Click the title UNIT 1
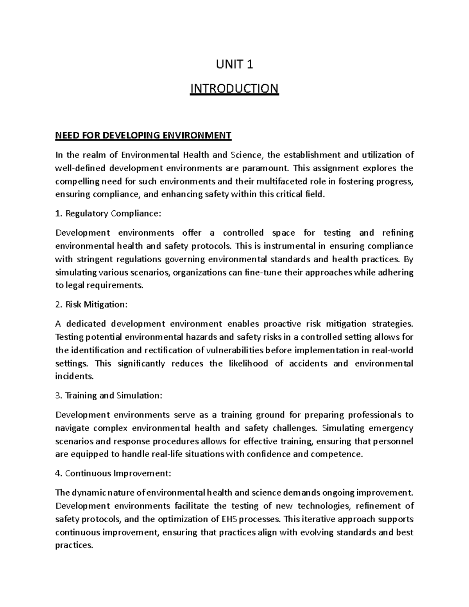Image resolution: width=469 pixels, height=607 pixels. (x=234, y=64)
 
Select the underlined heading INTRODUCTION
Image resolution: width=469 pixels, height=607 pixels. (x=234, y=89)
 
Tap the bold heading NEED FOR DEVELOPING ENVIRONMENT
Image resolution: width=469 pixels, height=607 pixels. (x=143, y=136)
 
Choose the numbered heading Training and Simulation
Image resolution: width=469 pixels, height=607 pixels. (x=108, y=395)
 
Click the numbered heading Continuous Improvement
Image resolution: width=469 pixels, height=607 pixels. (x=113, y=473)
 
